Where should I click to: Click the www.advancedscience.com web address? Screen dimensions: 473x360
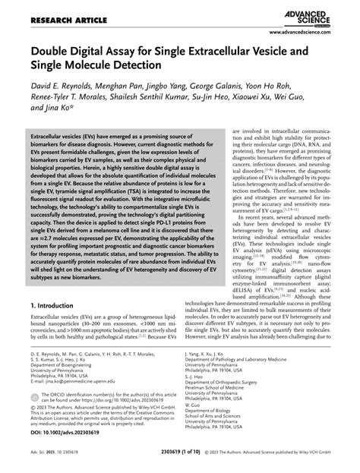click(x=309, y=33)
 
